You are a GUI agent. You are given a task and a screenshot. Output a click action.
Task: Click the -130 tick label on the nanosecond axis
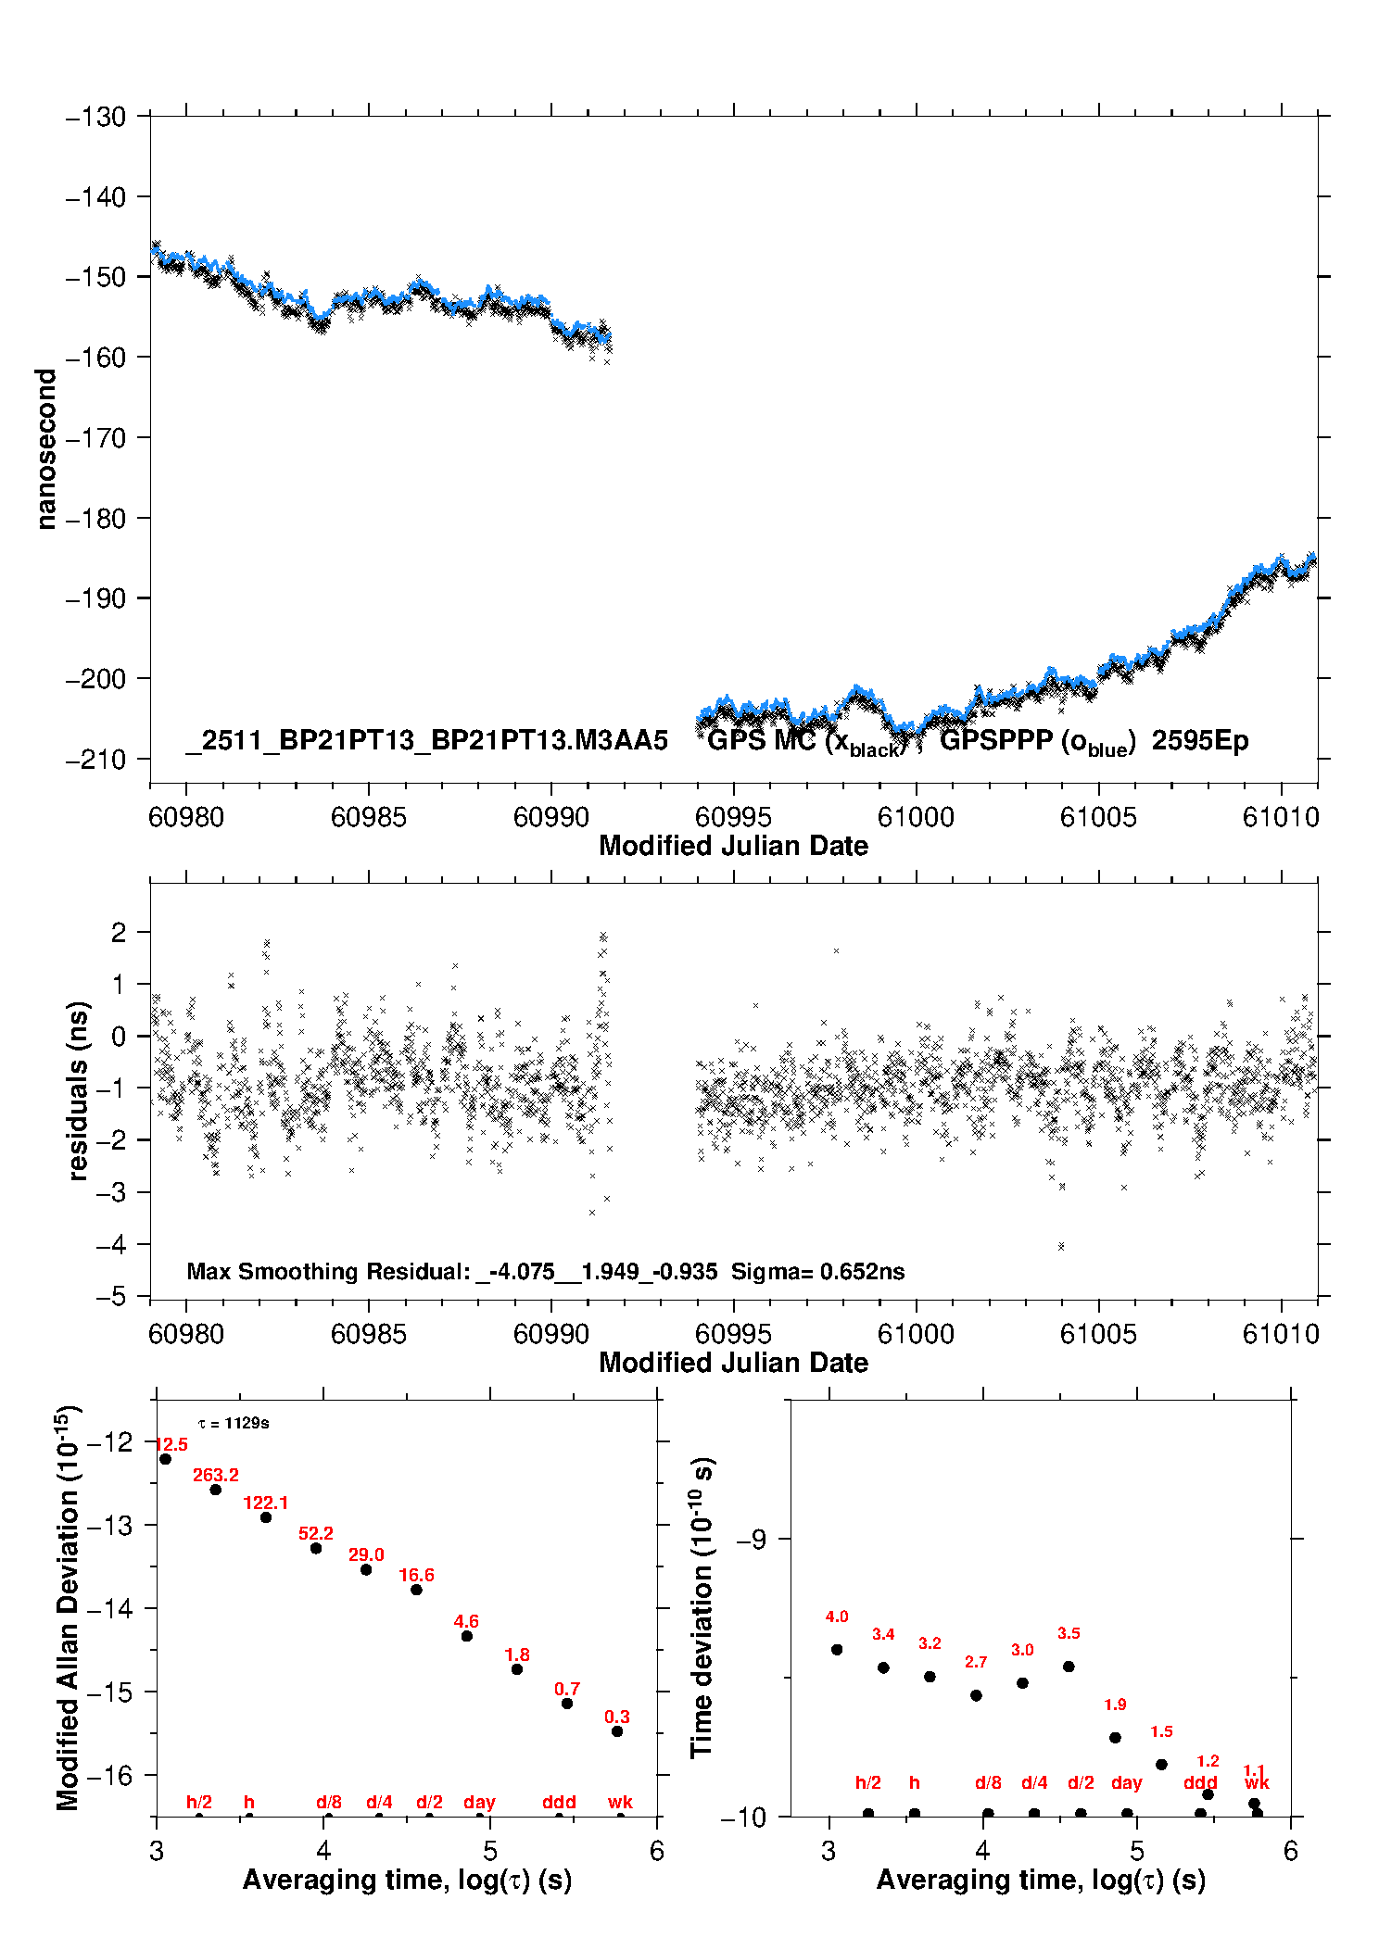[95, 118]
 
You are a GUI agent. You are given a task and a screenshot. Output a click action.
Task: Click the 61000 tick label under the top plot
[916, 817]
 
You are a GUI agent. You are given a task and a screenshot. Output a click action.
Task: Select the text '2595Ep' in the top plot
[1200, 741]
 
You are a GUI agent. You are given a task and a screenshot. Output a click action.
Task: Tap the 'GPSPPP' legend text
[996, 741]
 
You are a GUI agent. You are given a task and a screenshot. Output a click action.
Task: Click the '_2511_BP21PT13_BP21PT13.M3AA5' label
[426, 741]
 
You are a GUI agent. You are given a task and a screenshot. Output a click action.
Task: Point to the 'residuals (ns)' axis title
[79, 1090]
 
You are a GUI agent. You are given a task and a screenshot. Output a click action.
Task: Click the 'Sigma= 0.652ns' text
[817, 1272]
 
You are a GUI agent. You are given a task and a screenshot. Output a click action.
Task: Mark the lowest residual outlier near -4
[1061, 1246]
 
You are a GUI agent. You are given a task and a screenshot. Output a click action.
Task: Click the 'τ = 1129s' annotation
[234, 1424]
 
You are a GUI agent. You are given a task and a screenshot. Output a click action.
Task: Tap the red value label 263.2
[216, 1476]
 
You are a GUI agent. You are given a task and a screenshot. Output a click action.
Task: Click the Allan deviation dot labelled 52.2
[316, 1548]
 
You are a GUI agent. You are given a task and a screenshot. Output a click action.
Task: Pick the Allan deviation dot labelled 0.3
[617, 1731]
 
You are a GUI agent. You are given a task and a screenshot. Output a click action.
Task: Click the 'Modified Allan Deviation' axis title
[68, 1608]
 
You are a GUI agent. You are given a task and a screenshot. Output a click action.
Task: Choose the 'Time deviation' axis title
[702, 1608]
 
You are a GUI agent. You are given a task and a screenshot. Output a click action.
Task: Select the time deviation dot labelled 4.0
[837, 1649]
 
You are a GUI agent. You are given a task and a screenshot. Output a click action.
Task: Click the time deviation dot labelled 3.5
[1069, 1667]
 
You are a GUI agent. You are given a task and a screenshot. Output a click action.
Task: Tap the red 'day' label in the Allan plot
[479, 1803]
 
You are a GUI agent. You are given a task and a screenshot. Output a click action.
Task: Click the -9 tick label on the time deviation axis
[751, 1540]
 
